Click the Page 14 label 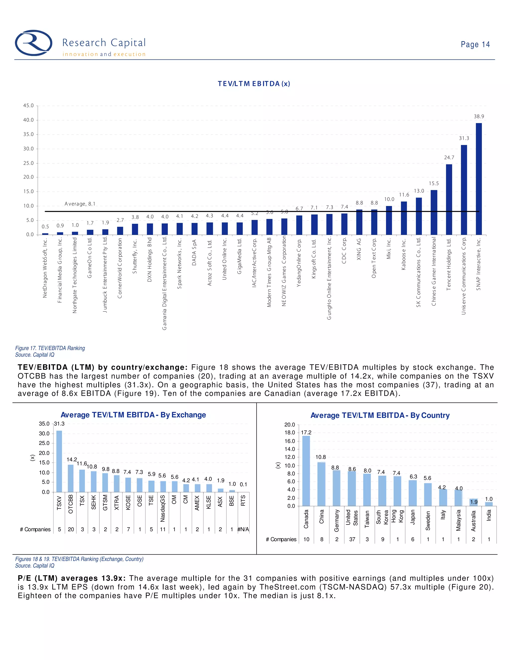pos(475,44)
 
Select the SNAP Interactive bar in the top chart pos(479,179)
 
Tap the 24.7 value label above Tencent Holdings pos(449,157)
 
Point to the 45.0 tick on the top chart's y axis pos(29,106)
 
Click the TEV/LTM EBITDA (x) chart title pos(254,84)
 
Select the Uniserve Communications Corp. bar pos(464,190)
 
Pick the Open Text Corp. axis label pos(374,258)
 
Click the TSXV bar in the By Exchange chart pos(59,461)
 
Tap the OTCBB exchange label pos(71,504)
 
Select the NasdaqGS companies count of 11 pos(163,529)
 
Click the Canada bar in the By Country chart pos(306,470)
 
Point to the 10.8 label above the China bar pos(320,457)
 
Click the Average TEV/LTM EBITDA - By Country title pos(380,415)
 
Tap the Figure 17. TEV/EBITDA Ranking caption pos(50,348)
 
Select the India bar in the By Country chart pos(489,504)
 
